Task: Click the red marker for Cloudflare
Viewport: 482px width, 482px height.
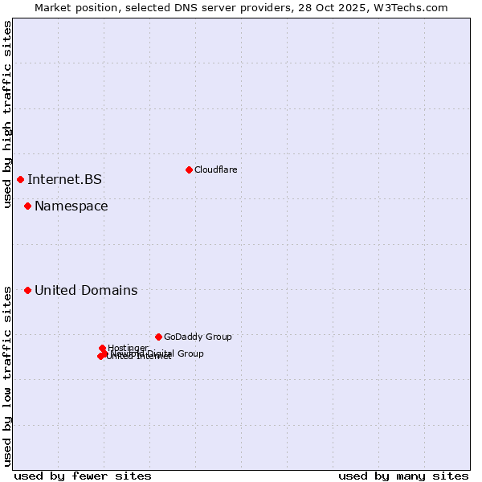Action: pyautogui.click(x=189, y=170)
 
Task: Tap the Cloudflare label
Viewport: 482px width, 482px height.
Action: pyautogui.click(x=215, y=170)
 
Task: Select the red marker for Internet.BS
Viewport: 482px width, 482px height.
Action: pyautogui.click(x=20, y=179)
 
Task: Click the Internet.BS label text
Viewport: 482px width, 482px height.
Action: pyautogui.click(x=64, y=179)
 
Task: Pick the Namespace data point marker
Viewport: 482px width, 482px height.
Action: pyautogui.click(x=27, y=206)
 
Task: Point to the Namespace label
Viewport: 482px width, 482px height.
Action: pyautogui.click(x=71, y=206)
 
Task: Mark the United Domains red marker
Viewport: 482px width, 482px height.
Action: pyautogui.click(x=27, y=290)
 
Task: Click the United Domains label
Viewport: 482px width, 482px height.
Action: pyautogui.click(x=86, y=291)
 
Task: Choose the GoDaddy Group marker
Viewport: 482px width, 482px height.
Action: pyautogui.click(x=158, y=337)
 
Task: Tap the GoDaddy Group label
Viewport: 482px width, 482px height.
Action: pyautogui.click(x=198, y=337)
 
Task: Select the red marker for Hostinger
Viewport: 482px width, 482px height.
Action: pyautogui.click(x=103, y=348)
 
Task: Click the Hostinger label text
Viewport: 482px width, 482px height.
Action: pyautogui.click(x=128, y=348)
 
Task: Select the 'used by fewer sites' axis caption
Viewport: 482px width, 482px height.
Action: pyautogui.click(x=83, y=476)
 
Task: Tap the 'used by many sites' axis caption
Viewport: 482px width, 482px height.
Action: pyautogui.click(x=403, y=476)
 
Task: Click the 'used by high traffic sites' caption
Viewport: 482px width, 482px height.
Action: pyautogui.click(x=7, y=114)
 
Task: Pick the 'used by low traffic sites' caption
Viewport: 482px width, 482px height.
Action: pyautogui.click(x=7, y=376)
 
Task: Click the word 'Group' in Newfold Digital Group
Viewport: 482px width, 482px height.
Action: pyautogui.click(x=190, y=353)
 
